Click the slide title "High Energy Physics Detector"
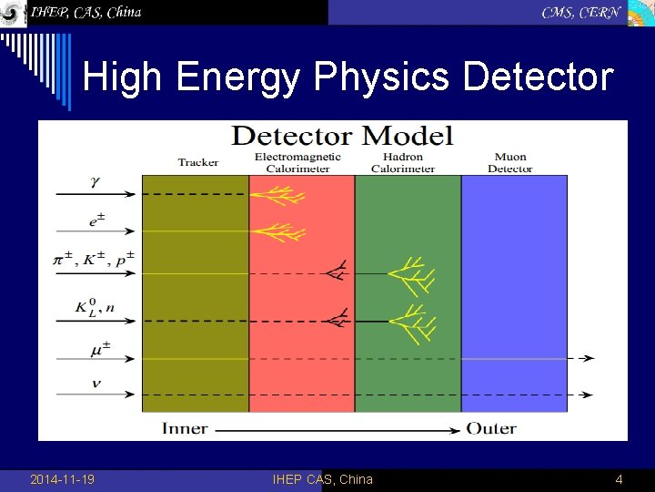pos(348,77)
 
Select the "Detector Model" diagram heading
pos(341,137)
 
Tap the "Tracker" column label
pos(197,162)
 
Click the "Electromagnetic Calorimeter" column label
pos(297,162)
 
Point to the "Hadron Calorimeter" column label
pos(403,162)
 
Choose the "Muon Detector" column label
pos(509,162)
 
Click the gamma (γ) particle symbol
pos(95,181)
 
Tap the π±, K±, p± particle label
pos(93,260)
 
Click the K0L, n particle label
pos(95,308)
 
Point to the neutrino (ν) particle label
pos(96,384)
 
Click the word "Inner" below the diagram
pos(185,428)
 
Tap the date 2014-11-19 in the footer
pos(62,479)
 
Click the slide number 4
pos(619,479)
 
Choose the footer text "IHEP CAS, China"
pos(322,479)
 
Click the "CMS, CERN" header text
pos(580,12)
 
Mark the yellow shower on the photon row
pos(277,194)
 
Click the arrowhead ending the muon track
pos(589,358)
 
